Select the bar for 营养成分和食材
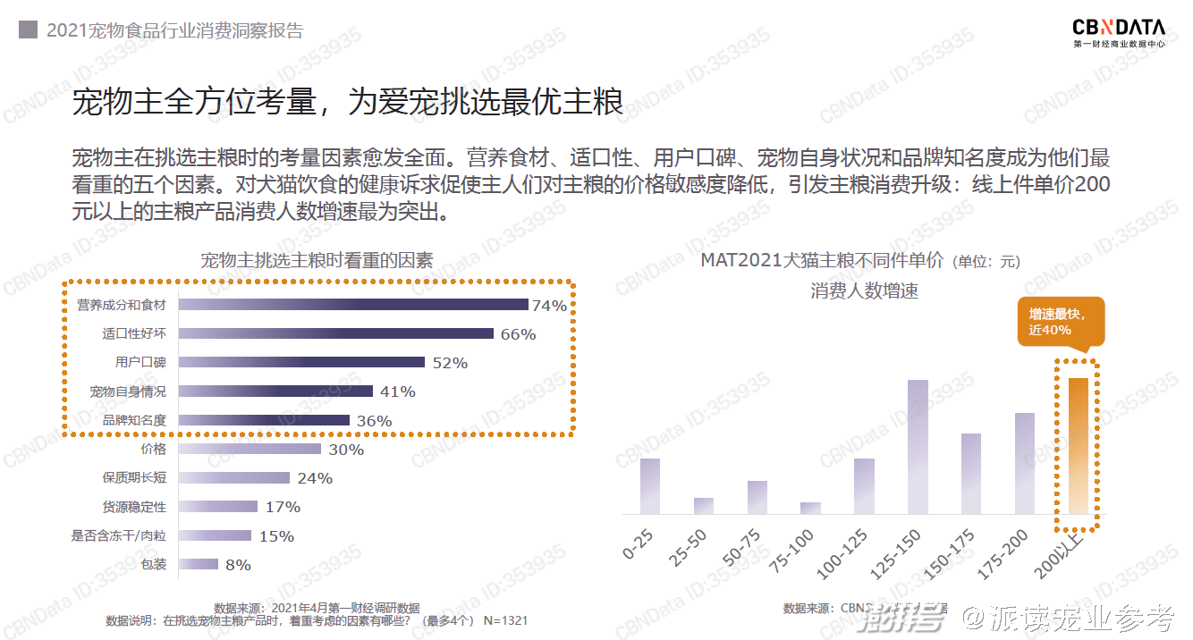tap(353, 305)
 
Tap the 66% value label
tap(518, 334)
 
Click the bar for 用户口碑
tap(301, 362)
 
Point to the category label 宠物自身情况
tap(128, 392)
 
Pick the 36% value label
tap(374, 421)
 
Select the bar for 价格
tap(250, 449)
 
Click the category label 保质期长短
tap(134, 478)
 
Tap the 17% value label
tap(283, 507)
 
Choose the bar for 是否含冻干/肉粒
tap(215, 535)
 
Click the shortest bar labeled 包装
tap(199, 564)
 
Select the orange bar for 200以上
tap(1078, 446)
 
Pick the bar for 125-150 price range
tap(918, 447)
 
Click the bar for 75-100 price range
tap(810, 509)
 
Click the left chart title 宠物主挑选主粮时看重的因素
tap(317, 260)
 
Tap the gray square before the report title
tap(28, 30)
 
